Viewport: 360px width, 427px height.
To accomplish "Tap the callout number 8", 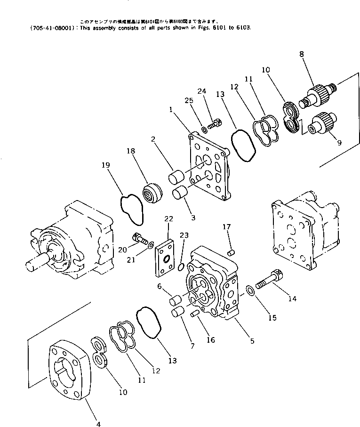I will click(x=301, y=55).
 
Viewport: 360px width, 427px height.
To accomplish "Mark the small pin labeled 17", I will click(x=231, y=253).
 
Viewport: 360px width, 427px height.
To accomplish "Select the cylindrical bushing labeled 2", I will click(x=176, y=179).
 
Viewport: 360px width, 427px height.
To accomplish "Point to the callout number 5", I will click(x=252, y=340).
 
